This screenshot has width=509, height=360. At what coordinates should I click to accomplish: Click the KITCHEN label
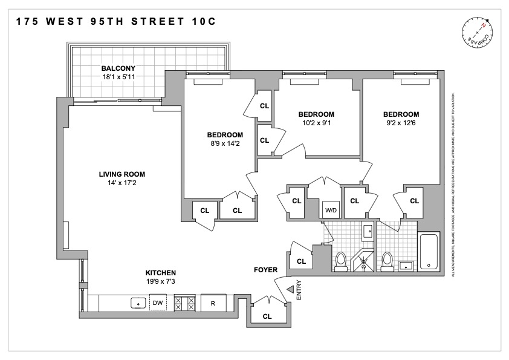160,273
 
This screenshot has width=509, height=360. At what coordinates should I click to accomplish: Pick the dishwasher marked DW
158,303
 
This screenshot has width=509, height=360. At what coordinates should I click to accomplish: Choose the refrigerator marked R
213,303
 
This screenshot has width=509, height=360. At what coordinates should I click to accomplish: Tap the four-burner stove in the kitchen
184,303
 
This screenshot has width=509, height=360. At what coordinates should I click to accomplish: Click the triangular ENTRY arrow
289,290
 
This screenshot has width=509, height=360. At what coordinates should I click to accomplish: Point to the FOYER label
265,270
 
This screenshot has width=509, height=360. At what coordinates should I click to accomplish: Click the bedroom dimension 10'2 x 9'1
316,123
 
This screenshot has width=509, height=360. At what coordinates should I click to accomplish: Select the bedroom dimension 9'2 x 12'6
401,123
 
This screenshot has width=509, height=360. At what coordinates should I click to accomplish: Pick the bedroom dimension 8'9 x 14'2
225,143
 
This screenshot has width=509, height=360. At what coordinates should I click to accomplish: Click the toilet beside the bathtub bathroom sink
387,260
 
